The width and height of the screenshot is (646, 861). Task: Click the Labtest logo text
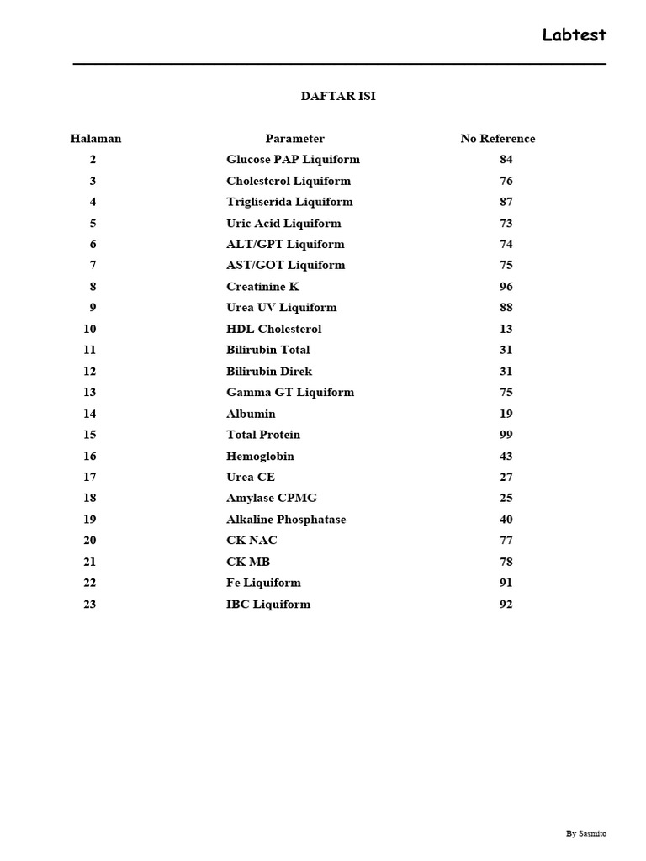point(574,35)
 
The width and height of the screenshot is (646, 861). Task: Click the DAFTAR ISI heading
point(338,96)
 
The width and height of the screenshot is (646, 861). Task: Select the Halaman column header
point(96,139)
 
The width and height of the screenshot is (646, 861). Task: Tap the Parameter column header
point(294,139)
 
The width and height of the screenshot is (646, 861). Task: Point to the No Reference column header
point(497,139)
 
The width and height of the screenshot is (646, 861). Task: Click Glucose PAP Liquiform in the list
point(293,160)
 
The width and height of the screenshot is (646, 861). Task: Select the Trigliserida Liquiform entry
point(289,202)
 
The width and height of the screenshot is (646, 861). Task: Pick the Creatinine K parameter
point(262,287)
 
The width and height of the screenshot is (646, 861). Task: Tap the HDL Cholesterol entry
point(273,329)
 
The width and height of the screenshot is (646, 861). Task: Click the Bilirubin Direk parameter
point(269,372)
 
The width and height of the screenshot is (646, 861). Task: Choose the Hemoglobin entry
point(260,457)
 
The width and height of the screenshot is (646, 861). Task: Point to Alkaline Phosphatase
point(286,520)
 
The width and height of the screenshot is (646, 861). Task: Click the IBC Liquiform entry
point(268,605)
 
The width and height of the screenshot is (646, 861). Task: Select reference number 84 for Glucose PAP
point(506,160)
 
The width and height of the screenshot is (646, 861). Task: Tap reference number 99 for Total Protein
point(506,435)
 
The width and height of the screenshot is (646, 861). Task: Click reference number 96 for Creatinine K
point(506,287)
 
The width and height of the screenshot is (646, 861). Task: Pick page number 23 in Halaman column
point(90,605)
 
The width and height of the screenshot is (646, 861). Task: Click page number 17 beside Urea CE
point(90,477)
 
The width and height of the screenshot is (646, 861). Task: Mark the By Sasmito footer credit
point(585,833)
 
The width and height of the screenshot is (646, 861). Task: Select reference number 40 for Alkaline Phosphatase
point(506,520)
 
